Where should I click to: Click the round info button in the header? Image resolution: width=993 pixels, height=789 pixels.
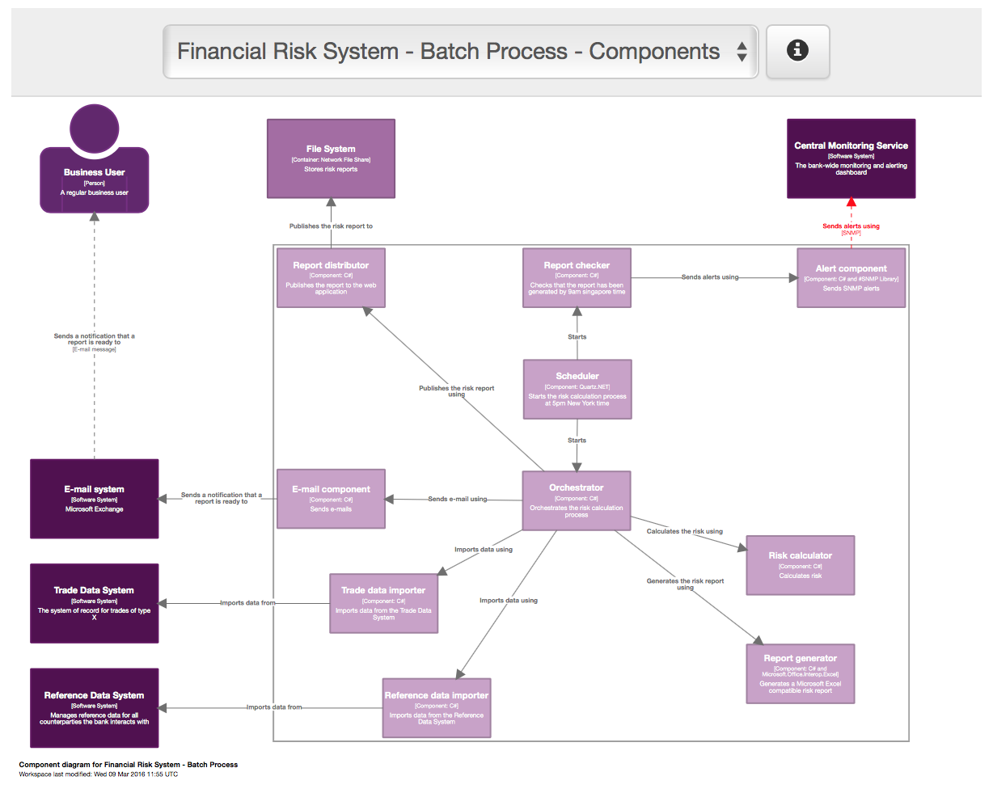[x=797, y=52]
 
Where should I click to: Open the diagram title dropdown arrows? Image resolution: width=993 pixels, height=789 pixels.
[x=742, y=53]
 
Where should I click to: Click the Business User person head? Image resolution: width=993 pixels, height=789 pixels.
[x=95, y=129]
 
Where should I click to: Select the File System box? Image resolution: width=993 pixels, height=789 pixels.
[x=331, y=158]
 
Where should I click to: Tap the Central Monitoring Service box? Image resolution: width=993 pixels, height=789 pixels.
[x=851, y=158]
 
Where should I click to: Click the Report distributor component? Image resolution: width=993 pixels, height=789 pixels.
[x=331, y=277]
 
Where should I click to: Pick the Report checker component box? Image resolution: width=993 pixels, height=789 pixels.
[x=577, y=277]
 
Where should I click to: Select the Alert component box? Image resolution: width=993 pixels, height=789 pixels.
[x=851, y=277]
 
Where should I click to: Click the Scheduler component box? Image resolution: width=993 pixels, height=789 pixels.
[x=577, y=389]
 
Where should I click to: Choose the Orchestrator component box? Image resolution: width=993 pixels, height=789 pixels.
[x=576, y=500]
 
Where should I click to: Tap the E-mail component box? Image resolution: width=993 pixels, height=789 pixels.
[x=331, y=498]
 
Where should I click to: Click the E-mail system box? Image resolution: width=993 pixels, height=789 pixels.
[x=95, y=498]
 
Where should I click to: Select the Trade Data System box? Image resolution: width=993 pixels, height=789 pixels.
[x=95, y=603]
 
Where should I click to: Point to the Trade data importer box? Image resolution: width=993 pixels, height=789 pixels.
[x=384, y=603]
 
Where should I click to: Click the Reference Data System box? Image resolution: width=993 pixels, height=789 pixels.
[x=95, y=707]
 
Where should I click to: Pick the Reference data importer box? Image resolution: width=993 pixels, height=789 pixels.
[x=437, y=707]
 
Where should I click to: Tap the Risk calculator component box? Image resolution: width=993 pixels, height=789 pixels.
[x=800, y=564]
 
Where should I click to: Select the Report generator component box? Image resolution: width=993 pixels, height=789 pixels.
[x=800, y=673]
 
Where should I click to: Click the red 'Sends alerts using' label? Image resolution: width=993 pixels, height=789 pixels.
[x=851, y=226]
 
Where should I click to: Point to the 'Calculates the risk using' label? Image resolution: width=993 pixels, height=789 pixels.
[x=684, y=531]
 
